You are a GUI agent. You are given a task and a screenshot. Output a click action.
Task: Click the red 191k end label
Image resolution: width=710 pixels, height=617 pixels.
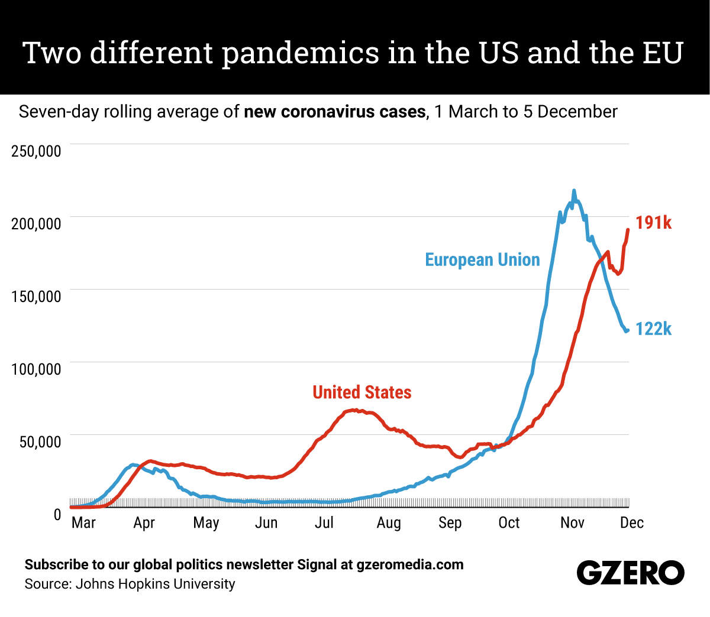(x=653, y=223)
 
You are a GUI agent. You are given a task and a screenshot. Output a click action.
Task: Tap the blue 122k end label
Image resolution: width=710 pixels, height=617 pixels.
(x=653, y=329)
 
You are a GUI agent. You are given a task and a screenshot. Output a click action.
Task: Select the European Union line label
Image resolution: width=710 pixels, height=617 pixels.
(x=482, y=260)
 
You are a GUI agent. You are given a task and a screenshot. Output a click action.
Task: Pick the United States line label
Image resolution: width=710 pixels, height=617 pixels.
(x=362, y=392)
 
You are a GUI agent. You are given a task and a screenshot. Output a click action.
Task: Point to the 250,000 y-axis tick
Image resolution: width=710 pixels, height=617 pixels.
(x=36, y=151)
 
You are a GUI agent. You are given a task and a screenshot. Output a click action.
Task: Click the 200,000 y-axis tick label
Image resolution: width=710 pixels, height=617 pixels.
(x=36, y=223)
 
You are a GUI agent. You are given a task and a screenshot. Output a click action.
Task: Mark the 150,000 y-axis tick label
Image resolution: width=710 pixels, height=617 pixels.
(x=36, y=296)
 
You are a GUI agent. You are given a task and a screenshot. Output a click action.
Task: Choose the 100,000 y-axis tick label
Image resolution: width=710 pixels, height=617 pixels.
(x=36, y=369)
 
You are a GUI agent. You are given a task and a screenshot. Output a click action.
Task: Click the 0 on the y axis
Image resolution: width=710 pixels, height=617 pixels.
(x=57, y=514)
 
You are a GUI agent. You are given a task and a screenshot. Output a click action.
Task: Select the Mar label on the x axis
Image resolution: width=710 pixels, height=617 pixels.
(x=83, y=522)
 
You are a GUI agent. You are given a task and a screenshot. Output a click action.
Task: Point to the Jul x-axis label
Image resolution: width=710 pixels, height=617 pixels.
(x=324, y=522)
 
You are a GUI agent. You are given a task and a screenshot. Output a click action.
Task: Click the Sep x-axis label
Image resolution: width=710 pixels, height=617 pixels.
(x=450, y=522)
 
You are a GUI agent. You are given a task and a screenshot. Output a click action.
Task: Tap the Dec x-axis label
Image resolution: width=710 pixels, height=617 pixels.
(x=632, y=522)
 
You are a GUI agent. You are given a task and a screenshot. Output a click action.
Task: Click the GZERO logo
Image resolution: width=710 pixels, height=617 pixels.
(x=630, y=573)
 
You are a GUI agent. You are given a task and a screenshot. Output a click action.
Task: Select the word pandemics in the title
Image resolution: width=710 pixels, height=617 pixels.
(x=301, y=53)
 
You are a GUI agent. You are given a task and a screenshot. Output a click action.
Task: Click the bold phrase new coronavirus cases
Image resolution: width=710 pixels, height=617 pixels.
(x=334, y=112)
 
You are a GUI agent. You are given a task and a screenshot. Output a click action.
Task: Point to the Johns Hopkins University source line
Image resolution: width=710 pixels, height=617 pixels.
(x=130, y=584)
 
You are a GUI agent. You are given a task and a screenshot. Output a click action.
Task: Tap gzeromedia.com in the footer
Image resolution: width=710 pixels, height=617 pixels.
(x=410, y=564)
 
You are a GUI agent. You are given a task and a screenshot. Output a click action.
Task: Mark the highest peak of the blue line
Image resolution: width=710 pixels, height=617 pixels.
(x=573, y=191)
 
